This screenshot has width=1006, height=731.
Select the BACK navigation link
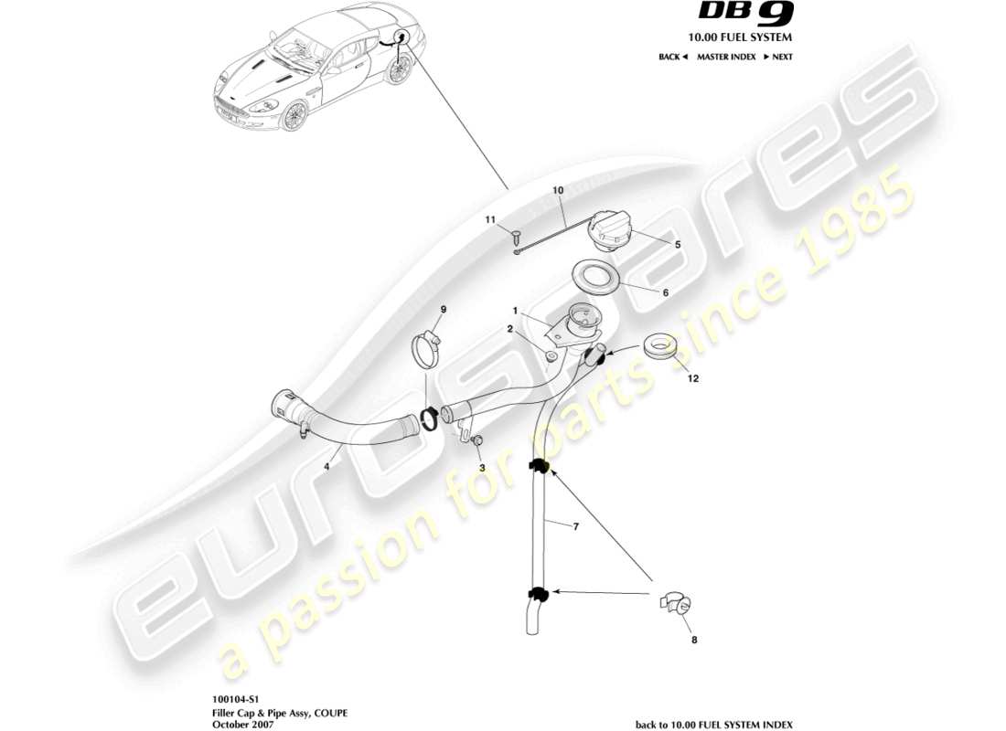pyautogui.click(x=673, y=57)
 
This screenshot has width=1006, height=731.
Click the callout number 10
pyautogui.click(x=558, y=190)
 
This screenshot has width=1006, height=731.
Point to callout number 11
pyautogui.click(x=490, y=220)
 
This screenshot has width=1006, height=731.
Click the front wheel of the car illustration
pyautogui.click(x=294, y=117)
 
